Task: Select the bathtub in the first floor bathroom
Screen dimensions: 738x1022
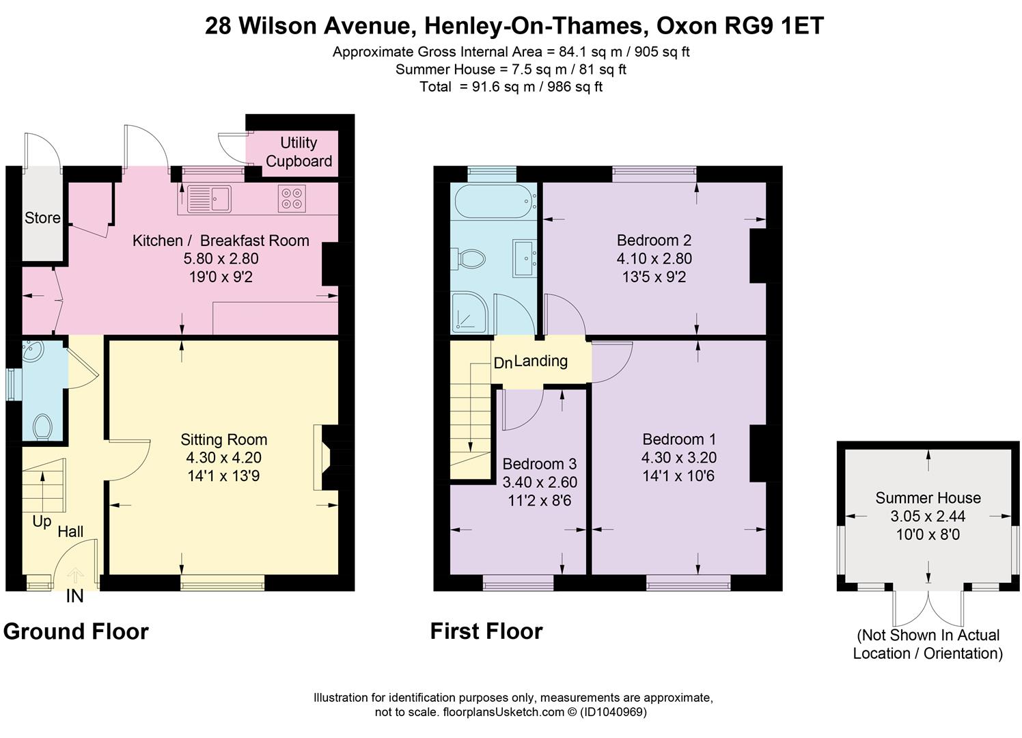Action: click(493, 200)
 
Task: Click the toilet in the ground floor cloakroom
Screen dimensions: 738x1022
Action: click(43, 426)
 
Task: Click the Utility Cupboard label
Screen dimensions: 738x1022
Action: click(299, 152)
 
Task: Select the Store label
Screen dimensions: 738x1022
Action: click(42, 218)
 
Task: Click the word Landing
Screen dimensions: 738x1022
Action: click(540, 361)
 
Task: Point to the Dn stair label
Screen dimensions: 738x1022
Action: click(503, 363)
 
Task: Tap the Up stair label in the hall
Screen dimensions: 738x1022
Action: click(42, 521)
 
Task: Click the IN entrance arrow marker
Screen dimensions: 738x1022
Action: click(74, 577)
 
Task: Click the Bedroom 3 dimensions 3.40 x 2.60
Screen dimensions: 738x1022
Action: click(540, 482)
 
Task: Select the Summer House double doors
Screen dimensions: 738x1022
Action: click(928, 607)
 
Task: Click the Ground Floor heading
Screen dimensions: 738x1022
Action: click(76, 631)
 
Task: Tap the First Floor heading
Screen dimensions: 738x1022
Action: click(486, 631)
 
